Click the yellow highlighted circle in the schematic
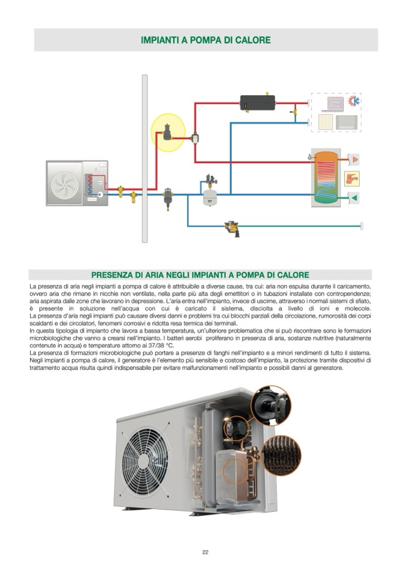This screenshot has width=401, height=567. tap(168, 132)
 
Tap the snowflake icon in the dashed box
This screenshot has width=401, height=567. tap(355, 102)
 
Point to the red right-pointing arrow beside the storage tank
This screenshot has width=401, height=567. tap(353, 160)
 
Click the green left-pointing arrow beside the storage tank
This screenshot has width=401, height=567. tap(353, 197)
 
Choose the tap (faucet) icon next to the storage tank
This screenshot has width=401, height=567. tap(353, 178)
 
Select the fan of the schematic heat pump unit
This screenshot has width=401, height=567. tap(67, 183)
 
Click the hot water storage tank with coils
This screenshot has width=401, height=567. tap(326, 177)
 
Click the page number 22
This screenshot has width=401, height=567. tap(205, 552)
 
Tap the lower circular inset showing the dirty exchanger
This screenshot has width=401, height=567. tap(281, 455)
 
